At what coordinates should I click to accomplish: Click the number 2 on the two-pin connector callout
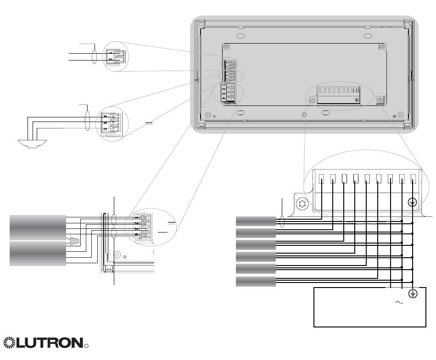coord(110,60)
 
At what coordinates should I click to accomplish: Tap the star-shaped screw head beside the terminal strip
coord(302,203)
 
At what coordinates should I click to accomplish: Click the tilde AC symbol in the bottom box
coord(399,302)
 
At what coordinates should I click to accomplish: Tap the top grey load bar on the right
coord(256,222)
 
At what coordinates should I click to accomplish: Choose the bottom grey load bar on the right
coord(256,281)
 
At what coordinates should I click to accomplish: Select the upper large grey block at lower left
coord(37,227)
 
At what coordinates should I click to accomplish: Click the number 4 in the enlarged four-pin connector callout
coord(136,235)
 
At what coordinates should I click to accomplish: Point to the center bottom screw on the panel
coord(304,114)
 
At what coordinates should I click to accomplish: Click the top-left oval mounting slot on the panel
coord(240,36)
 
